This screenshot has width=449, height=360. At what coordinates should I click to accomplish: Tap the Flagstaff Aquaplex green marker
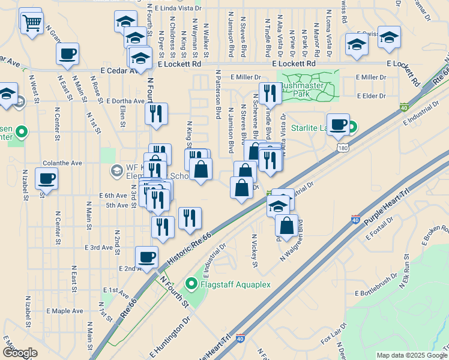[x=191, y=283]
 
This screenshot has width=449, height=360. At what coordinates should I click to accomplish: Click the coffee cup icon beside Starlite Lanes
[x=338, y=124]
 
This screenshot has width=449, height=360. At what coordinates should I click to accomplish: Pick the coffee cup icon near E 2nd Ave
[x=146, y=257]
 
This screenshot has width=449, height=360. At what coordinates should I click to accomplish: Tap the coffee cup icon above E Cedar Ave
[x=67, y=54]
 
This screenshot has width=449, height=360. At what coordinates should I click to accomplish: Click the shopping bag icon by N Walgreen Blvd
[x=287, y=226]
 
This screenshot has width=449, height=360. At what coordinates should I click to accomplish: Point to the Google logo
[x=20, y=352]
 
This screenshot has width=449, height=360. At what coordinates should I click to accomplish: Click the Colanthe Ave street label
[x=62, y=163]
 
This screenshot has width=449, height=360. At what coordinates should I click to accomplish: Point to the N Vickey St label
[x=255, y=250]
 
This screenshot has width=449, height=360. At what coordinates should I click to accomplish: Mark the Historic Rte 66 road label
[x=185, y=244]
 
